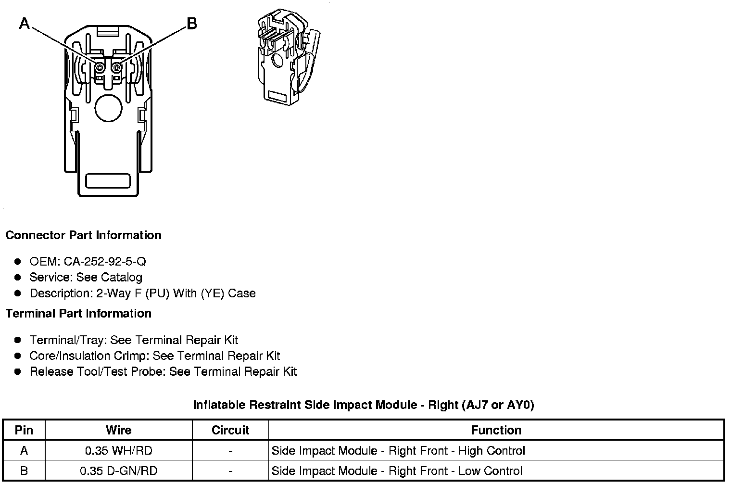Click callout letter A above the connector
tap(24, 23)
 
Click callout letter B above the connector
tap(191, 23)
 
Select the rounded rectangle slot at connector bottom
tap(108, 181)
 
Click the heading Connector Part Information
tap(83, 235)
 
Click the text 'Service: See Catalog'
tap(86, 278)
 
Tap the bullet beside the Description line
tap(18, 293)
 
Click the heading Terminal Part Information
tap(78, 314)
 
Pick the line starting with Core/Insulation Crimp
tap(154, 356)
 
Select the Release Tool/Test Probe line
tap(163, 372)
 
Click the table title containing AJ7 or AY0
tap(364, 405)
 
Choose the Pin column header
tap(24, 430)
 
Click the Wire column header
tap(118, 430)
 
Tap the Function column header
tap(496, 430)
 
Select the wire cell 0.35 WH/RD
tap(118, 451)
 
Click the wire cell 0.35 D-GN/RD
tap(118, 471)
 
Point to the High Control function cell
tap(398, 451)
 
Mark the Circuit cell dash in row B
tap(230, 471)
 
